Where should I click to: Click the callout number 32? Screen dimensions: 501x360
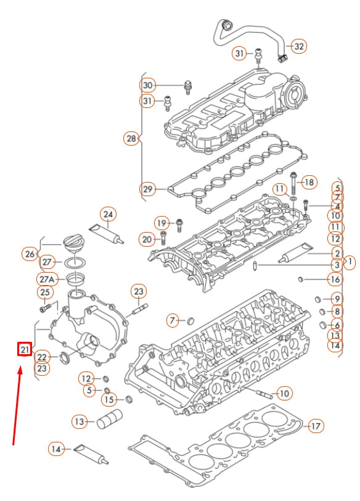pos(298,46)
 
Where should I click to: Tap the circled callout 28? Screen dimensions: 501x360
pos(131,139)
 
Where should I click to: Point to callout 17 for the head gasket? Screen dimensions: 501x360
pos(315,426)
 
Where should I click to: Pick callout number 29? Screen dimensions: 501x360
pos(147,189)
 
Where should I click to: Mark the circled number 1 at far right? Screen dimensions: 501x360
pos(349,262)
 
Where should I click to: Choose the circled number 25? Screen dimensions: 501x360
pos(45,292)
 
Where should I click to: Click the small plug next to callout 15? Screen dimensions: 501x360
pos(129,399)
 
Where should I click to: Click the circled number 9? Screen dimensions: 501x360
pos(337,299)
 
